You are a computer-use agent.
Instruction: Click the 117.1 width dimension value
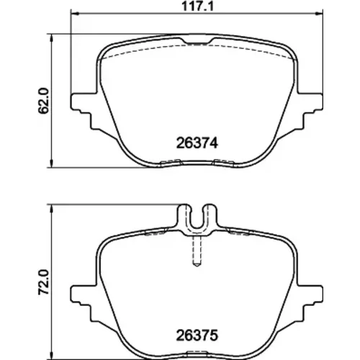click(x=197, y=6)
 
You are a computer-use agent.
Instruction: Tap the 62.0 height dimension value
click(x=43, y=101)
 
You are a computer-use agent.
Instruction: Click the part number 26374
click(x=197, y=143)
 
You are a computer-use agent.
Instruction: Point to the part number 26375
click(x=197, y=336)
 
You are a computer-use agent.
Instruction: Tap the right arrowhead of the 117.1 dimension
click(x=319, y=14)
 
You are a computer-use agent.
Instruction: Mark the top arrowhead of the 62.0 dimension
click(x=51, y=38)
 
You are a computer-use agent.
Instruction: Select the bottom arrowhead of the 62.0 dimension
click(x=51, y=163)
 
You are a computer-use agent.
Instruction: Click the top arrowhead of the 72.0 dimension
click(x=51, y=209)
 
